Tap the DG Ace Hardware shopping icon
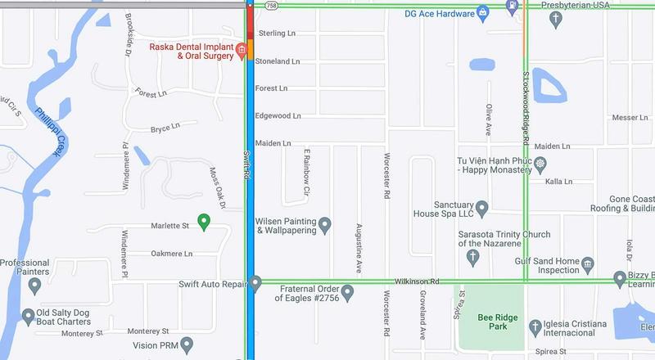484,12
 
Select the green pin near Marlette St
205,220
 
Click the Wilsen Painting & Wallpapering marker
325,224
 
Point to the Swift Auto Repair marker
255,284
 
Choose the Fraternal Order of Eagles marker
347,291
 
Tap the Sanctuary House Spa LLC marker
482,208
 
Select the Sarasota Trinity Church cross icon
472,257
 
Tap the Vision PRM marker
187,344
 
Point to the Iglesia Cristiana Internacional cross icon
535,326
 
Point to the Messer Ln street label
630,118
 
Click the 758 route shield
271,5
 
